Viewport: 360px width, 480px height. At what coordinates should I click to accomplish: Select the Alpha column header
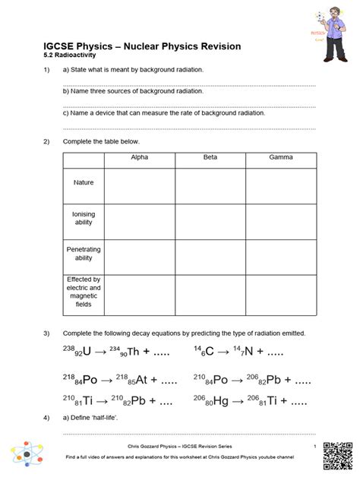pyautogui.click(x=140, y=157)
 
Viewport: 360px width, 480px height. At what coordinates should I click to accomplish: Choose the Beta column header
pyautogui.click(x=210, y=157)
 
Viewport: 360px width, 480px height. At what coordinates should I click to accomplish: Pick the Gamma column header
pyautogui.click(x=280, y=157)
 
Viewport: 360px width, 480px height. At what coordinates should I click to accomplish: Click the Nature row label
pyautogui.click(x=84, y=183)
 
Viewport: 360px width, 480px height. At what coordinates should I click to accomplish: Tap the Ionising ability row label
pyautogui.click(x=84, y=219)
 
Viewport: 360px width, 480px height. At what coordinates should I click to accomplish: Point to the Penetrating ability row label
pyautogui.click(x=84, y=254)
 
